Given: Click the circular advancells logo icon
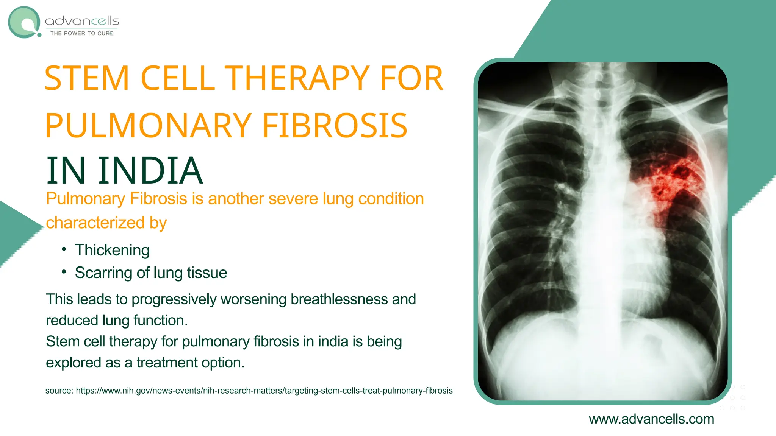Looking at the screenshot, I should (x=24, y=22).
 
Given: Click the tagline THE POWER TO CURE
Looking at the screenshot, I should (x=82, y=33).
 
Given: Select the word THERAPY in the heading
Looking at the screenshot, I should (x=297, y=78).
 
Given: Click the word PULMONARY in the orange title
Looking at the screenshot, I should (x=148, y=126).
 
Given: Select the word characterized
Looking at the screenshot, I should (x=95, y=223).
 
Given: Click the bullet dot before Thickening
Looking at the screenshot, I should (x=64, y=249).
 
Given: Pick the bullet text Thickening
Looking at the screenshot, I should (x=112, y=250).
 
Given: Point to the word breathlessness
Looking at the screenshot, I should (x=339, y=299).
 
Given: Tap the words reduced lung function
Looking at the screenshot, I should (x=117, y=321).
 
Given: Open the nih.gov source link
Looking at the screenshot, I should (x=264, y=391).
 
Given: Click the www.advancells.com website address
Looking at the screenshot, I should (x=651, y=419).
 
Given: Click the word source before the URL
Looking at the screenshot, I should (x=59, y=391).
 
